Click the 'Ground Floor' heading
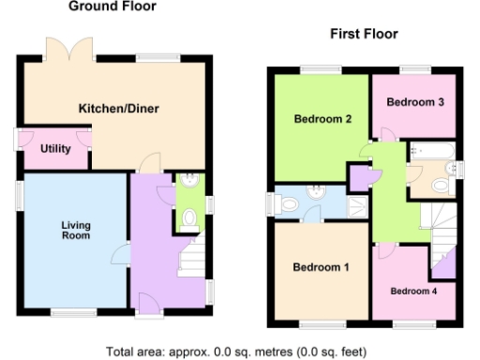tap(112, 7)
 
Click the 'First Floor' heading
tap(364, 34)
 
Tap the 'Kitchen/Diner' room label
tap(118, 109)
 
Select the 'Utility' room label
tap(55, 149)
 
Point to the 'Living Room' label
tap(76, 231)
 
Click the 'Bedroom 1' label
tap(321, 267)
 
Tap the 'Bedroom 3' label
tap(414, 102)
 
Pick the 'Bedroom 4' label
tap(413, 291)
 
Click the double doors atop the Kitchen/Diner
tap(74, 50)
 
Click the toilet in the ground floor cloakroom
tap(188, 219)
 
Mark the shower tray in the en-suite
tap(357, 205)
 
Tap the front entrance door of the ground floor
tap(146, 302)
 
